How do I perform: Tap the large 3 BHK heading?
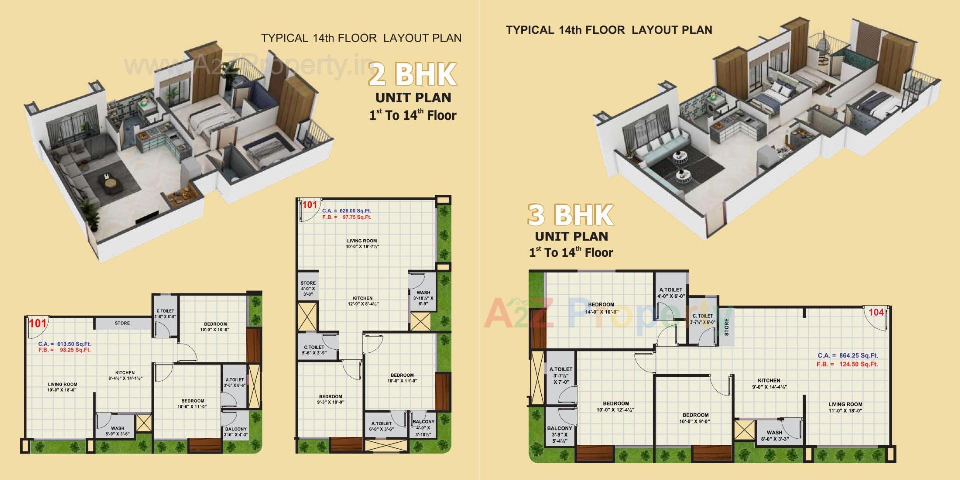(x=570, y=215)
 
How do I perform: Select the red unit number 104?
(x=876, y=312)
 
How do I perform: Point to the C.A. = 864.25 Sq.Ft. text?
(x=847, y=355)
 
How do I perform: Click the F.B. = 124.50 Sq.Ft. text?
(x=847, y=364)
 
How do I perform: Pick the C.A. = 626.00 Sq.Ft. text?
(x=346, y=211)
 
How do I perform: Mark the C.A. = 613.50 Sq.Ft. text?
(x=64, y=344)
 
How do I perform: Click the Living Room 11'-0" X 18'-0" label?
(x=845, y=408)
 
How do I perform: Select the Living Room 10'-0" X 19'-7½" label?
(x=362, y=244)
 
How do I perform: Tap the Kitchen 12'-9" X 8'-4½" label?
(x=362, y=301)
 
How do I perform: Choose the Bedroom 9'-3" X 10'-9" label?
(x=330, y=399)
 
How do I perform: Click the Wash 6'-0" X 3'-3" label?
(x=774, y=436)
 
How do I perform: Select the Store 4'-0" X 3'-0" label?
(x=308, y=289)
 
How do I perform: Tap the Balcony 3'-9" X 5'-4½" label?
(x=559, y=435)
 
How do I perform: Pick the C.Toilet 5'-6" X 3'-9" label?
(x=314, y=350)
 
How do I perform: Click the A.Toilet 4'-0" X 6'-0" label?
(x=671, y=293)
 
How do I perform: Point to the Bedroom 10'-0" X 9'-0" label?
(x=695, y=418)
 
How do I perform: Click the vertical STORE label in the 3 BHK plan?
(x=726, y=327)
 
